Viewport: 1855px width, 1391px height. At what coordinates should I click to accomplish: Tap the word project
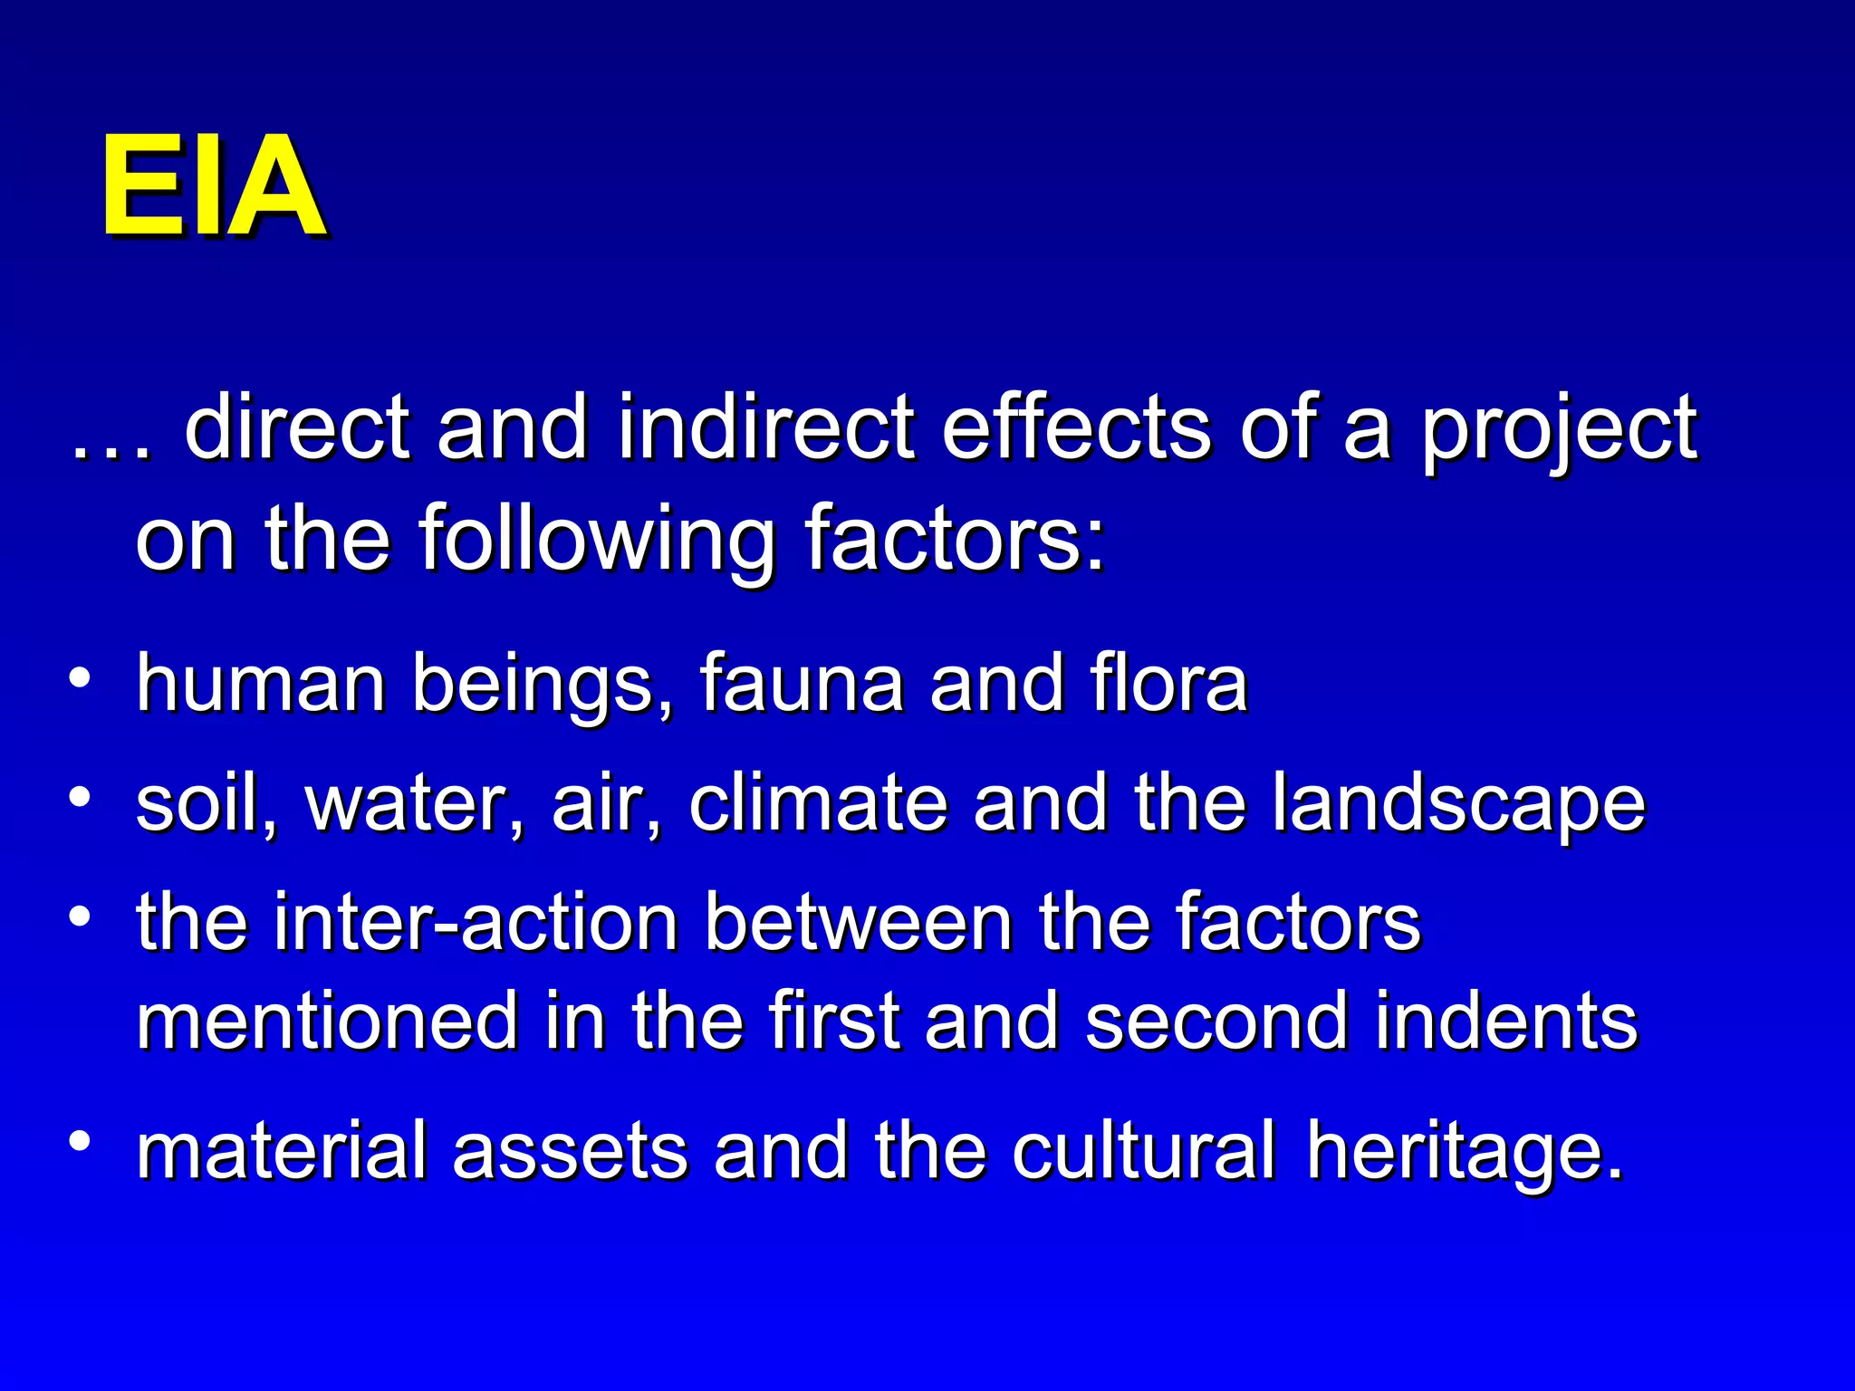[1558, 430]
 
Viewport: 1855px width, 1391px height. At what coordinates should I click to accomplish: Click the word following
[598, 542]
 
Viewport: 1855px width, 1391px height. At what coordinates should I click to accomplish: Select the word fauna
[801, 685]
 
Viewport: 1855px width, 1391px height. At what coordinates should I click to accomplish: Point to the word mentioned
[326, 1021]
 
